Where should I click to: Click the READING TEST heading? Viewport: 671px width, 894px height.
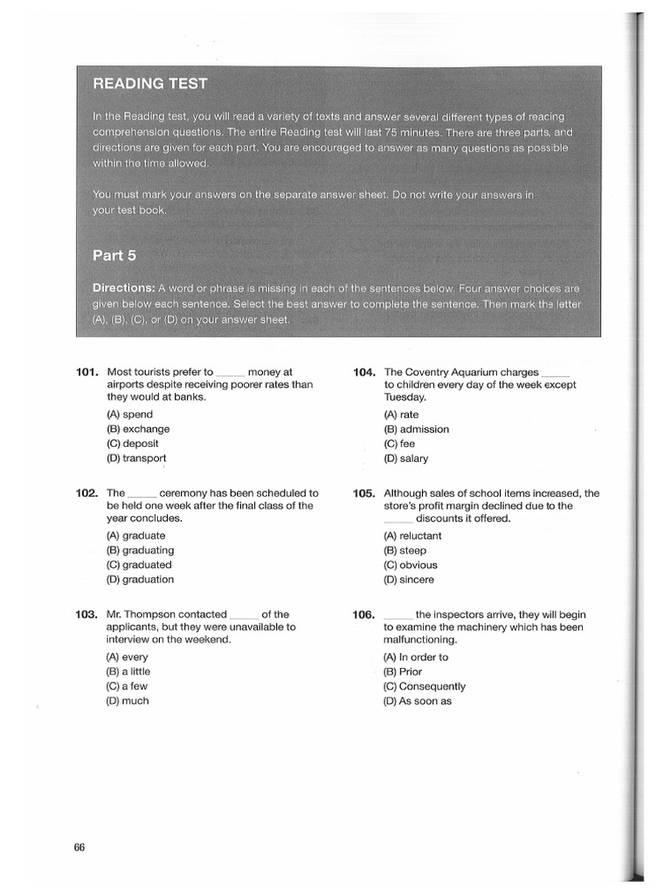(x=150, y=84)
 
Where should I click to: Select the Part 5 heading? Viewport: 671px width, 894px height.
(x=114, y=256)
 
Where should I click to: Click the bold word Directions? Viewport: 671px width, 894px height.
(x=123, y=288)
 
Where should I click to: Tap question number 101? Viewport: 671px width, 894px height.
(x=87, y=372)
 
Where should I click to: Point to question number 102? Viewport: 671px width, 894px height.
(x=87, y=493)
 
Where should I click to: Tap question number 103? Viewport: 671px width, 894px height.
(x=87, y=615)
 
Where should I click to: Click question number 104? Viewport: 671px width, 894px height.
(x=364, y=372)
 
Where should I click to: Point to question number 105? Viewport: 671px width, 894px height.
(x=364, y=493)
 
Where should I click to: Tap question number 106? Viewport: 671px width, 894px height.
(x=364, y=615)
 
